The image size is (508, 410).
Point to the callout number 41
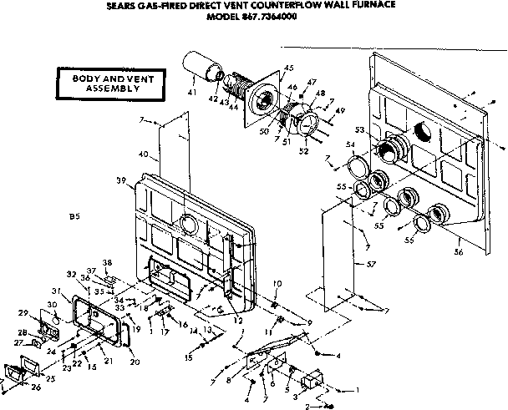pyautogui.click(x=192, y=92)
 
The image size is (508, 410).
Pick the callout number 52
pyautogui.click(x=303, y=150)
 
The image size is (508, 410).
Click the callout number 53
pyautogui.click(x=359, y=130)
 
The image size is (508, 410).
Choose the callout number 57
pyautogui.click(x=360, y=265)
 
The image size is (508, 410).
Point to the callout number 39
pyautogui.click(x=121, y=180)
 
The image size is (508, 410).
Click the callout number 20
pyautogui.click(x=135, y=362)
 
